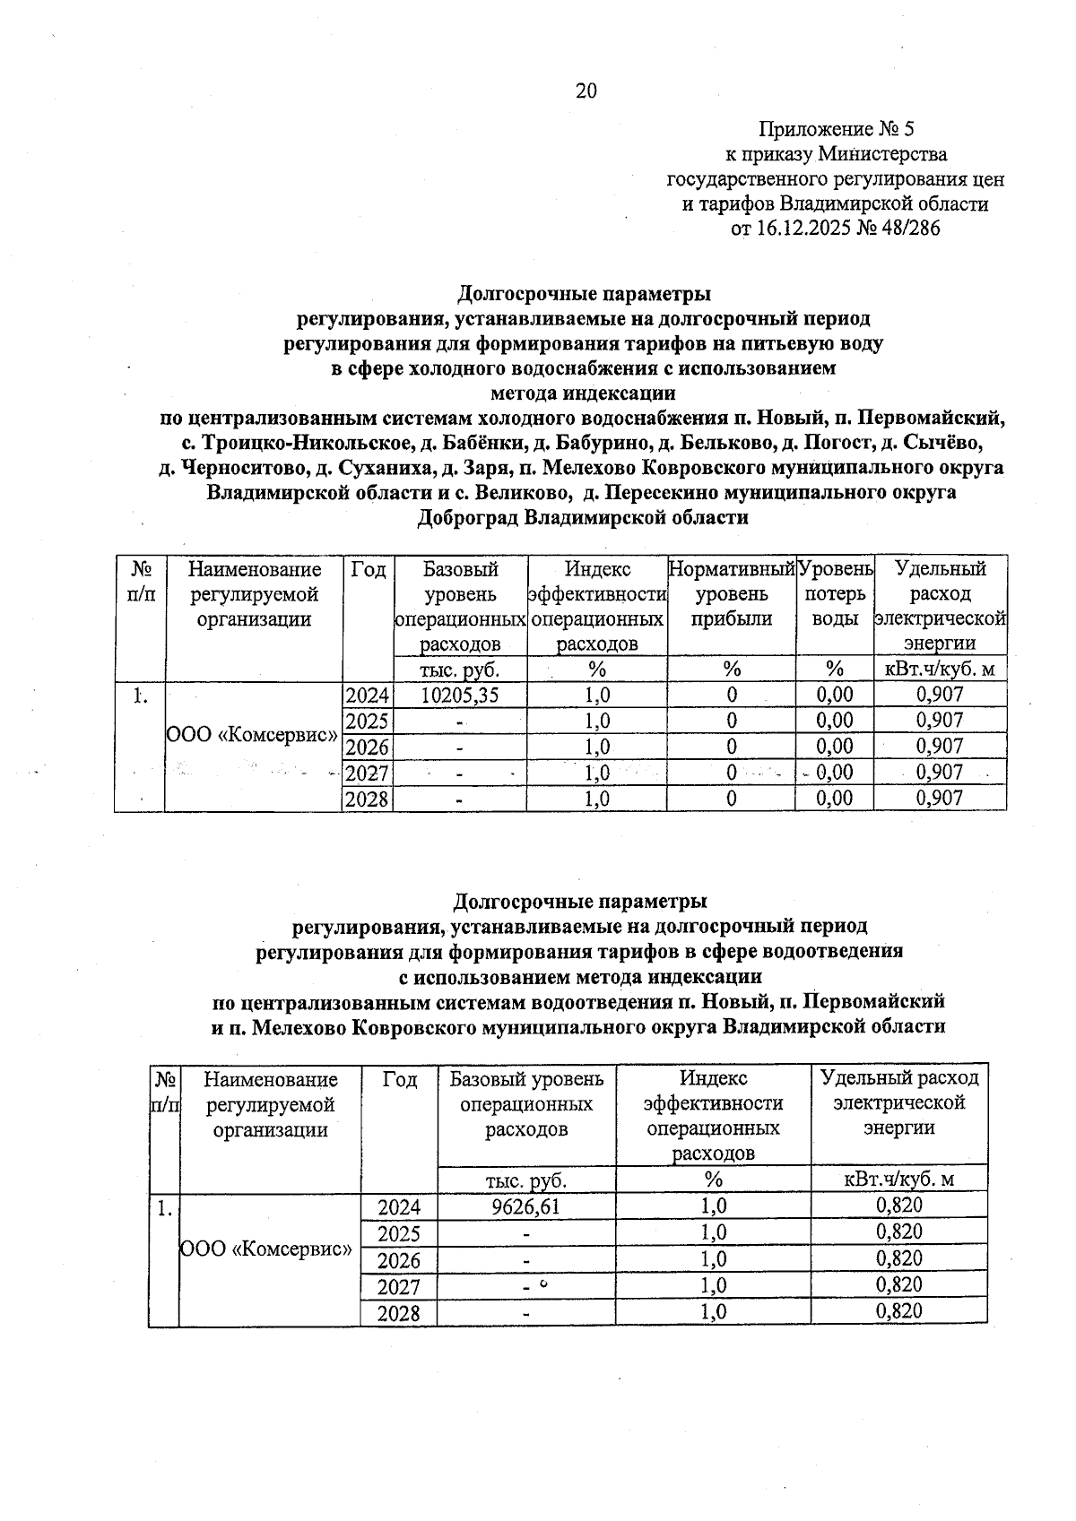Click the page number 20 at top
coord(586,91)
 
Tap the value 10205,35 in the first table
coord(460,695)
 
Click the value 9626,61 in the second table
coord(525,1206)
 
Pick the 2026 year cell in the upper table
coord(367,747)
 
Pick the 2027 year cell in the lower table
coord(398,1286)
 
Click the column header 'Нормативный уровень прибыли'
coord(732,593)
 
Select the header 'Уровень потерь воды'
coord(835,593)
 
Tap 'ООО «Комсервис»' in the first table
coord(252,734)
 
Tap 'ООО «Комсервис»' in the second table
coord(267,1247)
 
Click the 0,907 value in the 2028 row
coord(940,798)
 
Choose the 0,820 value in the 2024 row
coord(899,1206)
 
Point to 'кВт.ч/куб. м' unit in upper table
coord(940,669)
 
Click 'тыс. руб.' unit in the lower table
coord(525,1180)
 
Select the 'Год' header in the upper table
coord(368,569)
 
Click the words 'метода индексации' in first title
coord(584,393)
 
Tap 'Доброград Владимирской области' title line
coord(583,517)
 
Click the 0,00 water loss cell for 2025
coord(835,721)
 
